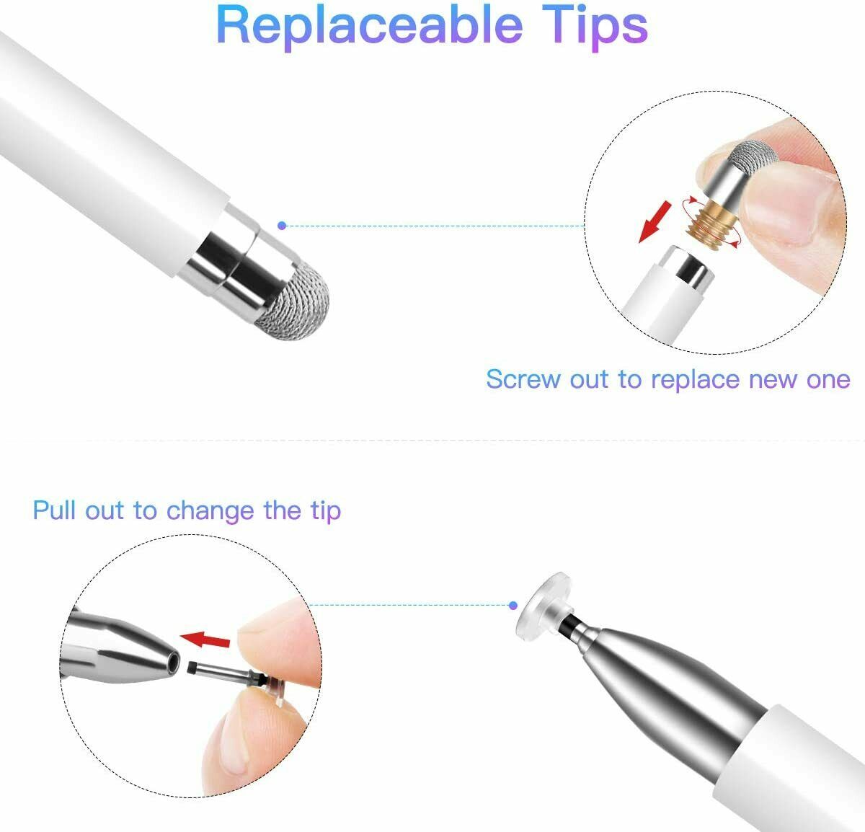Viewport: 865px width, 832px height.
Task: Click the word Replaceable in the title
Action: click(368, 26)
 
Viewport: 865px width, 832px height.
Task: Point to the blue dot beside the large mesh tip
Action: click(282, 226)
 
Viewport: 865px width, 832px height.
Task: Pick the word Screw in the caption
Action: click(524, 379)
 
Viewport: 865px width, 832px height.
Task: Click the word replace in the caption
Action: click(695, 379)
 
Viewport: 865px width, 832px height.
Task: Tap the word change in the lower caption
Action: click(210, 510)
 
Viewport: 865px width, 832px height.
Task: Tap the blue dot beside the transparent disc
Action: click(513, 606)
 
